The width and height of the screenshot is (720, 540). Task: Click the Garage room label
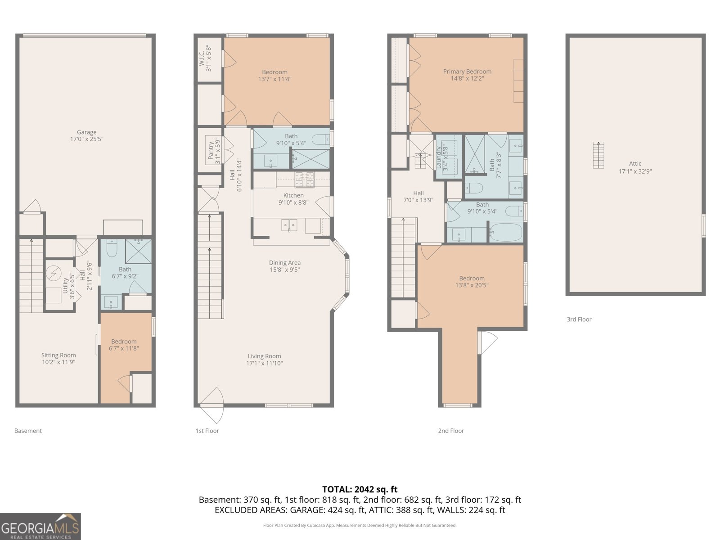[x=86, y=132]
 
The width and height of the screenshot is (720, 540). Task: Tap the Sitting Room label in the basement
[x=58, y=355]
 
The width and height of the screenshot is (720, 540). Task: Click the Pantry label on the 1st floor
[x=211, y=150]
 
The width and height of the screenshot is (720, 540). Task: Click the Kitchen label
[x=293, y=195]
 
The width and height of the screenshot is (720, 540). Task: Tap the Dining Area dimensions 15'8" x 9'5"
[x=285, y=270]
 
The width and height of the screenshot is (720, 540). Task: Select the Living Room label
[x=264, y=356]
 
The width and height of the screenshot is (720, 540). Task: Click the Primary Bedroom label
[x=467, y=72]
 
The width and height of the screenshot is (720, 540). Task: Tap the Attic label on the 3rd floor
[x=635, y=164]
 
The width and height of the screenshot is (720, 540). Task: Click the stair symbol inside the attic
[x=598, y=155]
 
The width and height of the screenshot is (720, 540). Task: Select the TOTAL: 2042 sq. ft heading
[x=360, y=489]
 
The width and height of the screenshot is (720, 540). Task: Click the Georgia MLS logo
[x=40, y=526]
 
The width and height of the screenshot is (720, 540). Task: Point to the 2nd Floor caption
[x=451, y=431]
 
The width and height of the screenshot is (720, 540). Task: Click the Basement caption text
[x=28, y=431]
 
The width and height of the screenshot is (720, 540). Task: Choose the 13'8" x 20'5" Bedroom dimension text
[x=472, y=285]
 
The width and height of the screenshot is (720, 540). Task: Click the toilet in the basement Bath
[x=112, y=248]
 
